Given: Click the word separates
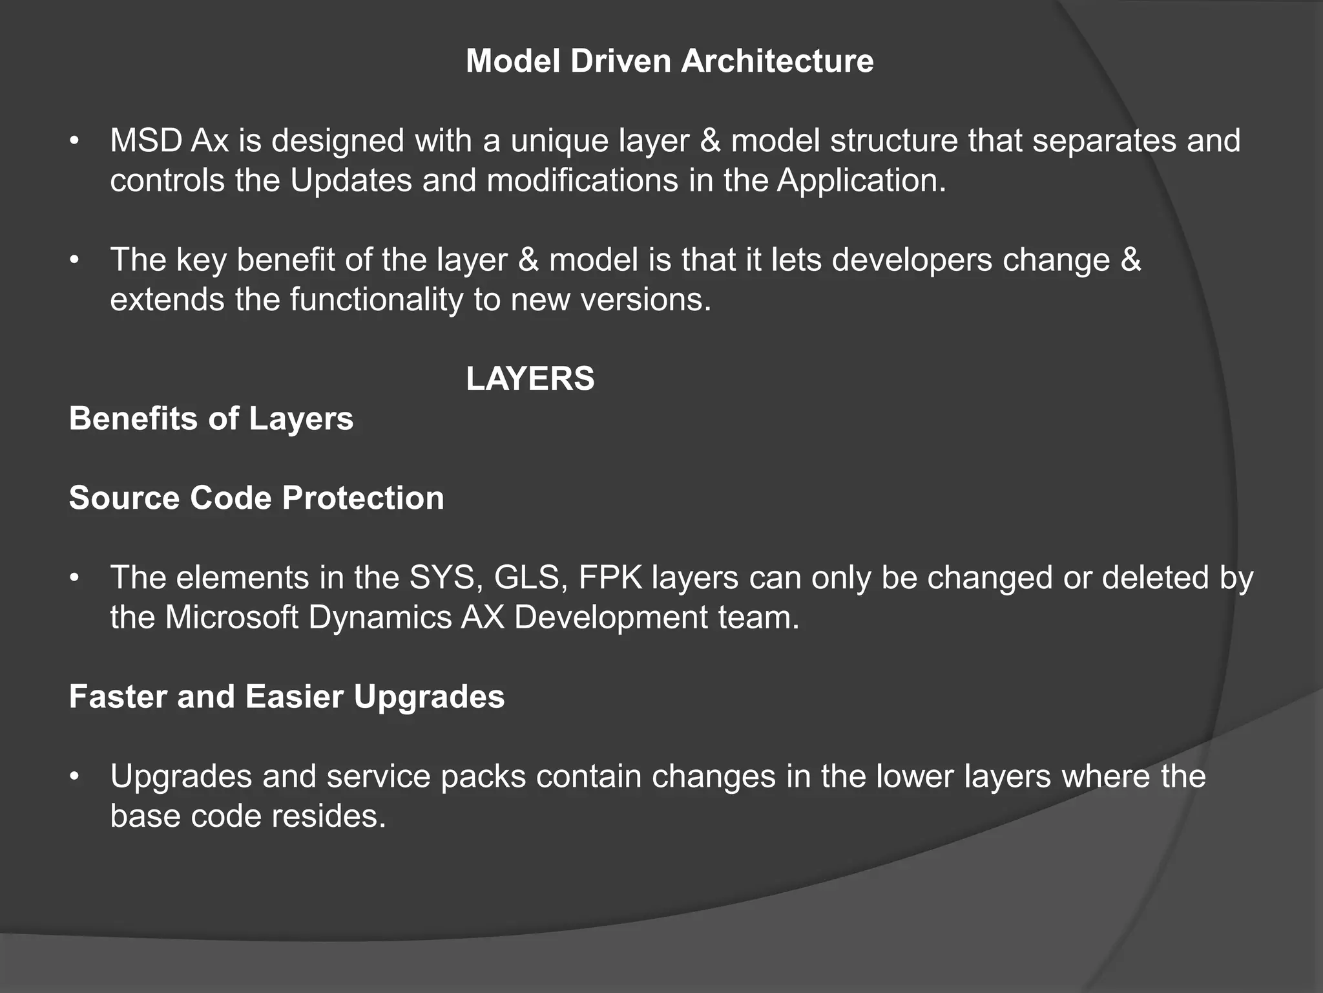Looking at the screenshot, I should click(1104, 142).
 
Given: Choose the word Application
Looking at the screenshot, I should click(860, 181).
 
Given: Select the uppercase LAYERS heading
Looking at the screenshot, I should click(530, 379).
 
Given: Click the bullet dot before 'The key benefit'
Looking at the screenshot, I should click(75, 261).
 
